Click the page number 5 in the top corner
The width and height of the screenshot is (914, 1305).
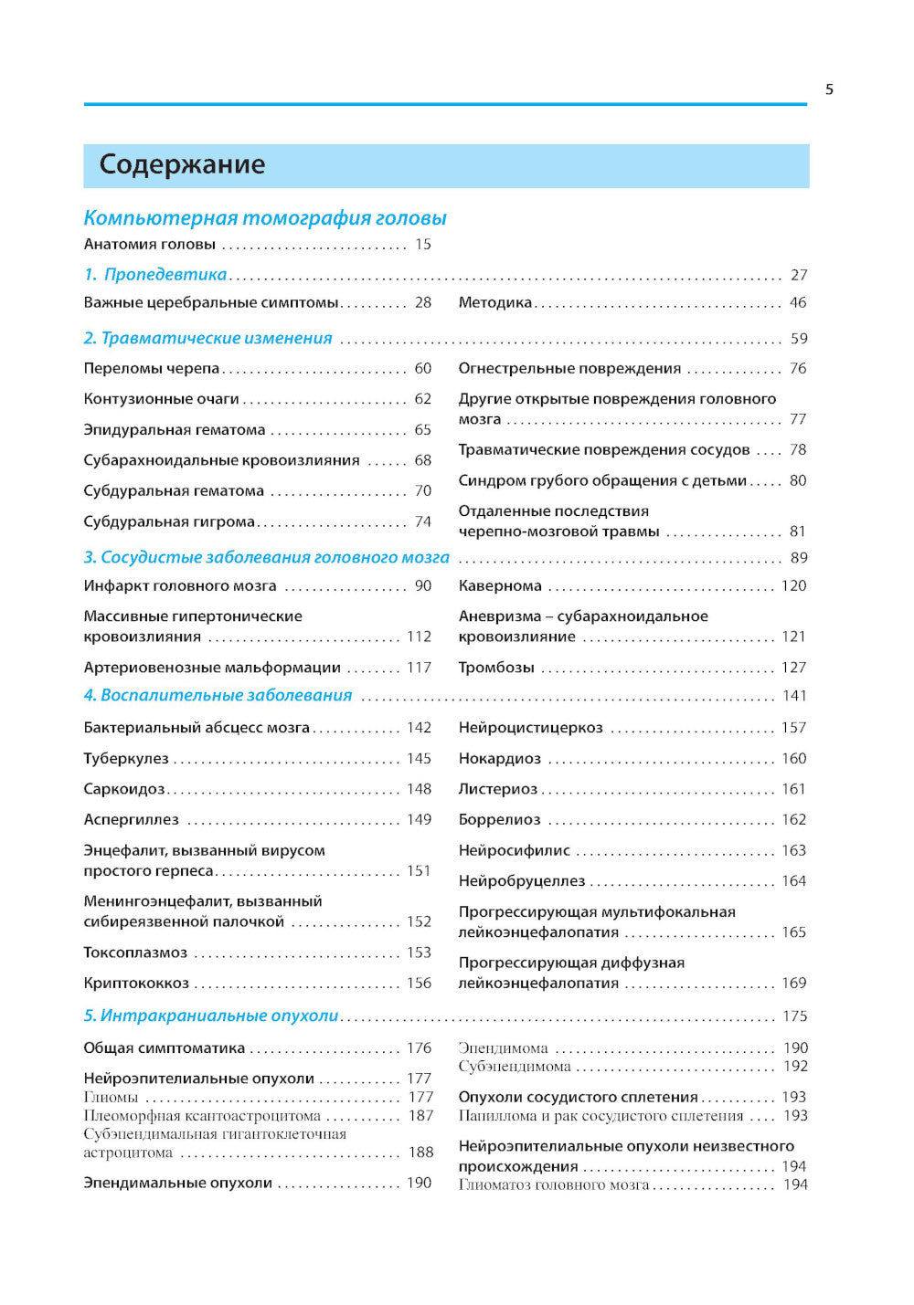point(829,89)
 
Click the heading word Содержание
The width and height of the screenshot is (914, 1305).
point(182,164)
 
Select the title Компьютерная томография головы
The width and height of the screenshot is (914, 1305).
point(265,218)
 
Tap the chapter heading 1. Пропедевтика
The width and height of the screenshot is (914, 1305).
point(155,275)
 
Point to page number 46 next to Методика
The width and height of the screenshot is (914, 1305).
point(798,302)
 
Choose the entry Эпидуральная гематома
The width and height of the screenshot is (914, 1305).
point(175,430)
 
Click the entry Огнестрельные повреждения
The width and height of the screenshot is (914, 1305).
point(569,368)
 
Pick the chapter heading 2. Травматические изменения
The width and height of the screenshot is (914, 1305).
point(208,339)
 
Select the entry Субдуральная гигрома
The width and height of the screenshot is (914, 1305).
point(169,521)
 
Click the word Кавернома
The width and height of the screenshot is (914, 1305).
point(500,585)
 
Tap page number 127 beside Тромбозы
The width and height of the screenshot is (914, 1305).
point(793,668)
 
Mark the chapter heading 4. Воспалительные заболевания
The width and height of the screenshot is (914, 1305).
point(218,696)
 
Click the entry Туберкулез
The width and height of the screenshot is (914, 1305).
point(126,759)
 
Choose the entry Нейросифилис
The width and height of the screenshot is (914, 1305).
point(514,850)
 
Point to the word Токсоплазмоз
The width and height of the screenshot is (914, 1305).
point(135,952)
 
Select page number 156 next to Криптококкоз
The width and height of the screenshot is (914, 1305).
point(419,984)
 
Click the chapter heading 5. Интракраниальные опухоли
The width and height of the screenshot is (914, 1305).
point(211,1016)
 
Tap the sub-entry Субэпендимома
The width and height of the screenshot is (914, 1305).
point(515,1067)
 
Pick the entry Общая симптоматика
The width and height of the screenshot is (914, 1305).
point(165,1048)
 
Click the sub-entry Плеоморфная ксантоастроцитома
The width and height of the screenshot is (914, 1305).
point(202,1116)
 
